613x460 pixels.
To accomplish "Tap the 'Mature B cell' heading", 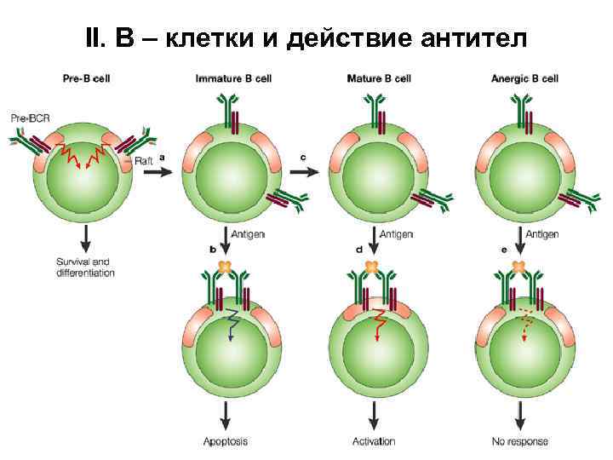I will (x=378, y=79).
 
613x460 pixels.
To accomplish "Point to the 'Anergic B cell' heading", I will (x=524, y=79).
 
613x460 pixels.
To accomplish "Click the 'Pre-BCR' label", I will (x=28, y=118).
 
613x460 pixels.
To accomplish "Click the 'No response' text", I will (x=520, y=441).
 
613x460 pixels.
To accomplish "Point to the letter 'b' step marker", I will (x=213, y=250).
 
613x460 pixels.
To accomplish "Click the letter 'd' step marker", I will (x=359, y=250).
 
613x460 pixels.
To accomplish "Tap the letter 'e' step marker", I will (x=506, y=250).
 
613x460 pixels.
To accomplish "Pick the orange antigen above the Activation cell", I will (x=372, y=267).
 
